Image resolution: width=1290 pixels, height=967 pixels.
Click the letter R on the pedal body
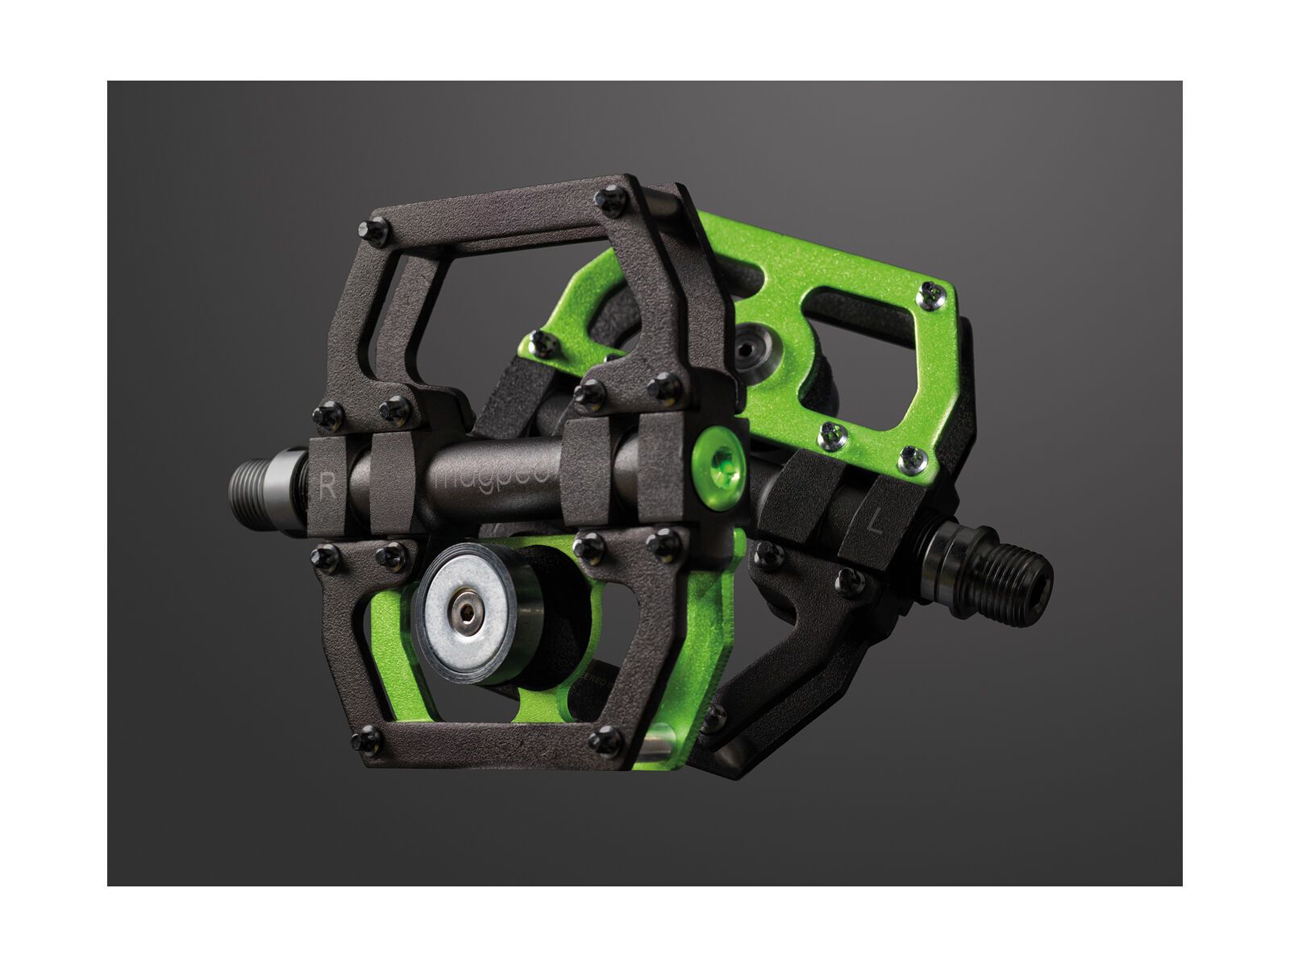point(327,486)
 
